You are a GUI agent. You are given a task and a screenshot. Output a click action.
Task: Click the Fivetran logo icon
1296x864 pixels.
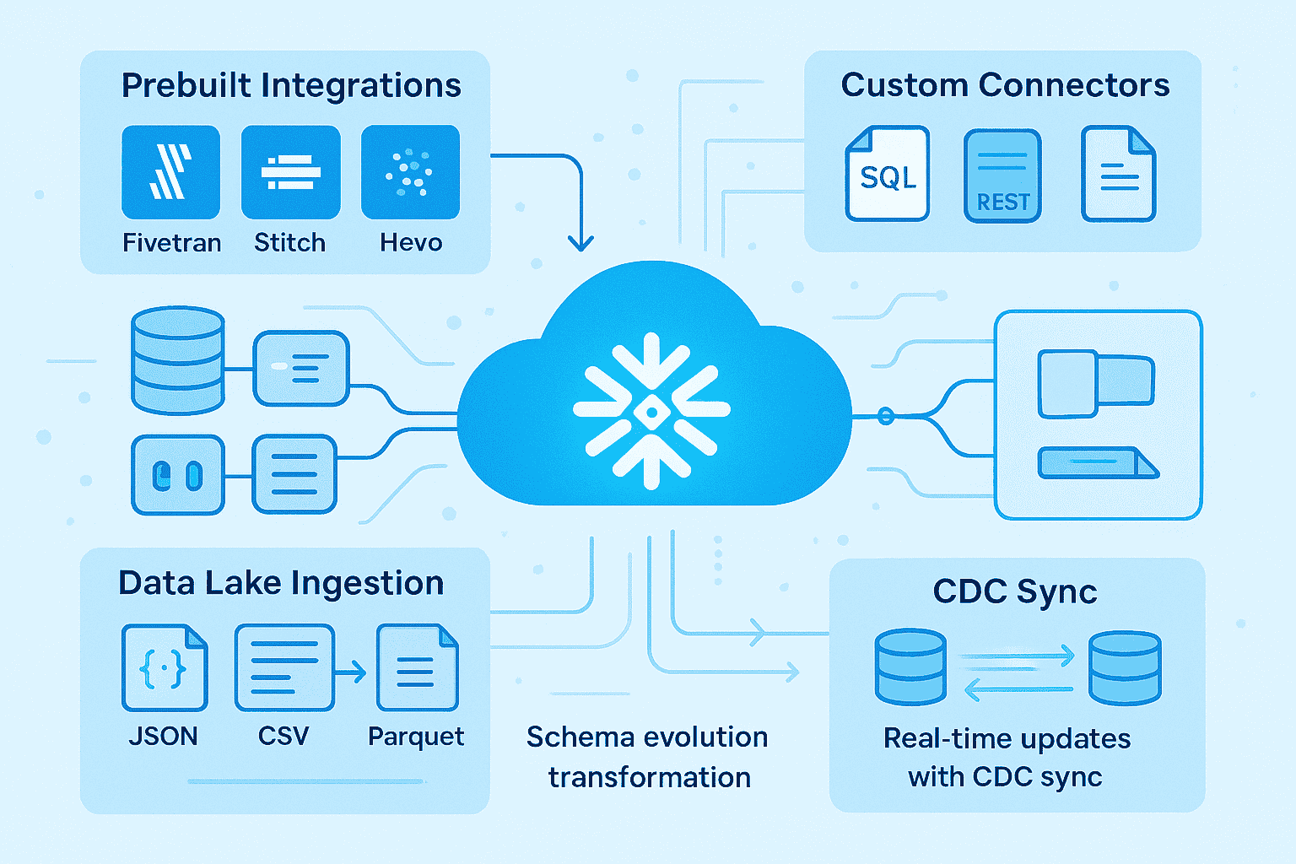(x=170, y=172)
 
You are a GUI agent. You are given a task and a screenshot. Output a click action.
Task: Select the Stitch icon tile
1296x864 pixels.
(x=290, y=172)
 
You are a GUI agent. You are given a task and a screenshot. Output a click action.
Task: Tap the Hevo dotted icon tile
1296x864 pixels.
(x=410, y=172)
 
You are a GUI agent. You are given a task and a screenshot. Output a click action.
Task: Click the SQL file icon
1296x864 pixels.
(x=887, y=174)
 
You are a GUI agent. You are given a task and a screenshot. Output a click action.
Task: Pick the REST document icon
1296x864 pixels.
(x=1002, y=175)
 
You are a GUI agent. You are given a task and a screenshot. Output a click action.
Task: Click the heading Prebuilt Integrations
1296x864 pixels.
(x=291, y=85)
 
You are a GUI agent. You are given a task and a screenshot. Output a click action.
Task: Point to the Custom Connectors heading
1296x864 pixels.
(x=1005, y=85)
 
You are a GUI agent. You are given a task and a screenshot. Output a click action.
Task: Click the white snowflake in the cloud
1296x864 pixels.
(x=651, y=411)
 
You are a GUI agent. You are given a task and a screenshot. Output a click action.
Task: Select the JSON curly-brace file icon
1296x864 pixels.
(x=165, y=667)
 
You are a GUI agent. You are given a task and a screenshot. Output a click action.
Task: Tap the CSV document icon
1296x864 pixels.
(x=283, y=667)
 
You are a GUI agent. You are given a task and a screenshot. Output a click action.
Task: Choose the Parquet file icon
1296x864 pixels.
(x=417, y=667)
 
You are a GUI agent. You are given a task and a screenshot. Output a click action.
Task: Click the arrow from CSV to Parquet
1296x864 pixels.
(x=351, y=672)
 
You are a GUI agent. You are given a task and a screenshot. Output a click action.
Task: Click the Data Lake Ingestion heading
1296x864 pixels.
(x=281, y=583)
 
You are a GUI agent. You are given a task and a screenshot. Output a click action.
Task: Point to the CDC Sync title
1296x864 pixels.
(x=1015, y=591)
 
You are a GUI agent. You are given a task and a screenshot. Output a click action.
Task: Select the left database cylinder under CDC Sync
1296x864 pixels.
(x=910, y=667)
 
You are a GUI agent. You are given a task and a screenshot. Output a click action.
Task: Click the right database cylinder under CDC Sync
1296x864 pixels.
(x=1125, y=667)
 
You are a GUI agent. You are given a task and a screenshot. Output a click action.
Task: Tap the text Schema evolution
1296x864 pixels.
(x=647, y=737)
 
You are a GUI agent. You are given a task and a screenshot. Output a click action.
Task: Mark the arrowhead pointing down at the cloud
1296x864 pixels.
(x=580, y=242)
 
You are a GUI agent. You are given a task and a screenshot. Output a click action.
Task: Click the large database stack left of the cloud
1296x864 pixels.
(x=178, y=360)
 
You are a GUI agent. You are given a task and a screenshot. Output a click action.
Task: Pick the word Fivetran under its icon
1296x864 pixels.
(x=172, y=243)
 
